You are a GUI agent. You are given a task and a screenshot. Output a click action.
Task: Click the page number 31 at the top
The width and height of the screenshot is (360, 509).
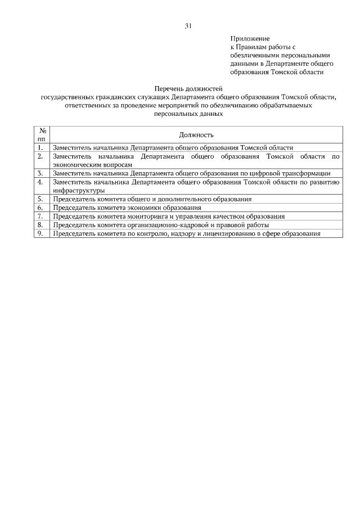click(x=188, y=26)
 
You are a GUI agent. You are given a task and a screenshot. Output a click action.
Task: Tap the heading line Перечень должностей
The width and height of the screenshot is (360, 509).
click(x=188, y=89)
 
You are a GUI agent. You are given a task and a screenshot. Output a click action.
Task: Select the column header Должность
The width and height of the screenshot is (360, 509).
click(x=196, y=134)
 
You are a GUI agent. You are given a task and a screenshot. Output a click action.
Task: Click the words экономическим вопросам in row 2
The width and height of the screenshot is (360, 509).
click(x=92, y=165)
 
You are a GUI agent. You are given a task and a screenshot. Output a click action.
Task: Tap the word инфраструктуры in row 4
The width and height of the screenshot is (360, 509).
click(x=79, y=191)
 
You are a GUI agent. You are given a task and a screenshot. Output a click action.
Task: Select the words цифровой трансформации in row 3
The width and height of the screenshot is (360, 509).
click(x=294, y=174)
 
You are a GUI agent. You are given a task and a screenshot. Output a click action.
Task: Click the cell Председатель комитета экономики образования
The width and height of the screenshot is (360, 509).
click(x=127, y=208)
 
